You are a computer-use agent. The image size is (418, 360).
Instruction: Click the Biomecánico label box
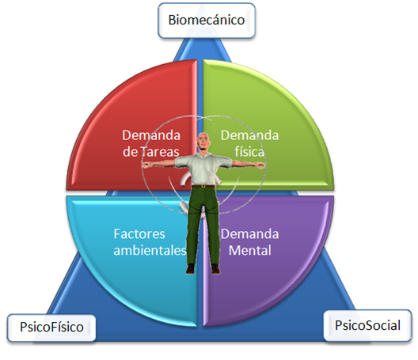coord(207,21)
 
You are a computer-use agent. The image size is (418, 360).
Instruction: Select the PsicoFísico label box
coord(51,328)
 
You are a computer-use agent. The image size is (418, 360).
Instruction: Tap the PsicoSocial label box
coord(367,325)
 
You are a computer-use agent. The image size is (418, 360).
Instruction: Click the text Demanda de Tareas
coord(151,144)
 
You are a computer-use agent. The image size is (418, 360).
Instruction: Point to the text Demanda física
coord(249,144)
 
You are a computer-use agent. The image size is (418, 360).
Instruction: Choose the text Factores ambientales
coord(150,242)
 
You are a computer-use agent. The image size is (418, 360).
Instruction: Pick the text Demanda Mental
coord(250,242)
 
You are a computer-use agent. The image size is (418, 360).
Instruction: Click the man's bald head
coord(203,140)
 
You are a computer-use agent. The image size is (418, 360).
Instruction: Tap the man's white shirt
coord(203,169)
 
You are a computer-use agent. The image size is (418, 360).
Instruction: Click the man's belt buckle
coord(203,186)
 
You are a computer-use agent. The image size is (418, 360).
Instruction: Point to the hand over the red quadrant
coord(146,165)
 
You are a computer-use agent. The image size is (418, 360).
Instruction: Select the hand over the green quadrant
coord(260,165)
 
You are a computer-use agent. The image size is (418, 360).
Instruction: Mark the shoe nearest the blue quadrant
coord(190,269)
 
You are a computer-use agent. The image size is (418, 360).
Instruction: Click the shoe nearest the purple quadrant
coord(215,269)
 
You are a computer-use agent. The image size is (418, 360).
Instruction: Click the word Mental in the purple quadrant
coord(250,251)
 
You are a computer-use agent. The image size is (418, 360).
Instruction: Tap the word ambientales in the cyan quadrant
coord(150,251)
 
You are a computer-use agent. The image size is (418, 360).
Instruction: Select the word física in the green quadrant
coord(249,152)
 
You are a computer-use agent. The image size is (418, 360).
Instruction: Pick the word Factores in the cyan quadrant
coord(139,234)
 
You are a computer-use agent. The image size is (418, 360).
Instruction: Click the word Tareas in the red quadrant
coord(159,152)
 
